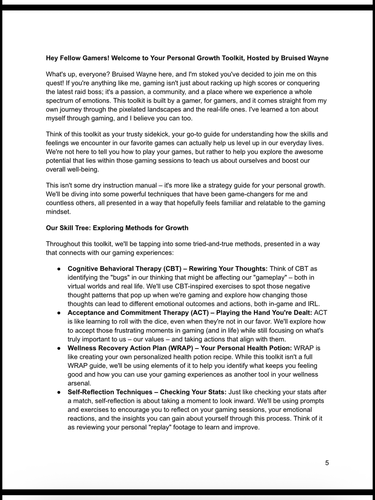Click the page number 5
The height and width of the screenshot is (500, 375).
(x=327, y=463)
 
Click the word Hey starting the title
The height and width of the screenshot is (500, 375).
(x=53, y=58)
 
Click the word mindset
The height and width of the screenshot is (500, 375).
(x=58, y=212)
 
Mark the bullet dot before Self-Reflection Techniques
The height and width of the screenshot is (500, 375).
(x=59, y=392)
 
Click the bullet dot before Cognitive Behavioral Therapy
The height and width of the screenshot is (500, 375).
(x=59, y=269)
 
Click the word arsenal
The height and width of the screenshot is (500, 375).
(x=79, y=383)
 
